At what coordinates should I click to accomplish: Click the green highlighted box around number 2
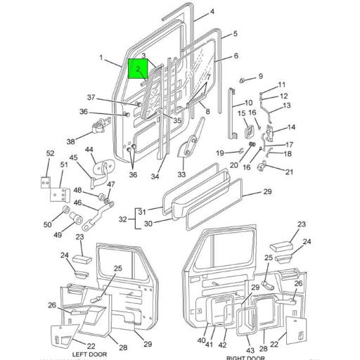(139, 70)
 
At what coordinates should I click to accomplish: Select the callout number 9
(259, 76)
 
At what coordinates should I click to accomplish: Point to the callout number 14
(292, 127)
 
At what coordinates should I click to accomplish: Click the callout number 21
(289, 172)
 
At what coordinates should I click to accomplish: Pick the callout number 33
(181, 174)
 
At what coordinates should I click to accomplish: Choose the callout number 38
(70, 141)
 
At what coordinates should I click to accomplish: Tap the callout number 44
(90, 150)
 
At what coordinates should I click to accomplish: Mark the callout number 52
(50, 153)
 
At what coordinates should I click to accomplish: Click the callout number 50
(48, 225)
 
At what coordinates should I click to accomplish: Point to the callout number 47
(110, 184)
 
